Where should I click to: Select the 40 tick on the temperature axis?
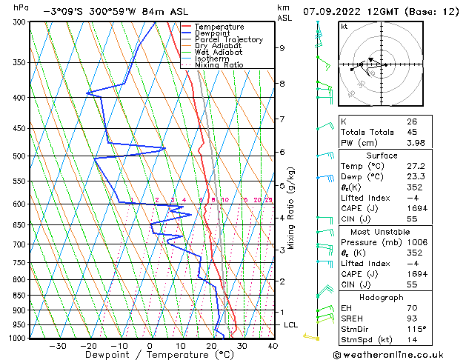tap(272, 346)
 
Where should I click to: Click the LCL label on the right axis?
tap(290, 325)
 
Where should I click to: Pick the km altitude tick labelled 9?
tap(282, 48)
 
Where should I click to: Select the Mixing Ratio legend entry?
tap(219, 65)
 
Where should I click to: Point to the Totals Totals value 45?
tap(411, 133)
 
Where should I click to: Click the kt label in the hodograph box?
tap(344, 27)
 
